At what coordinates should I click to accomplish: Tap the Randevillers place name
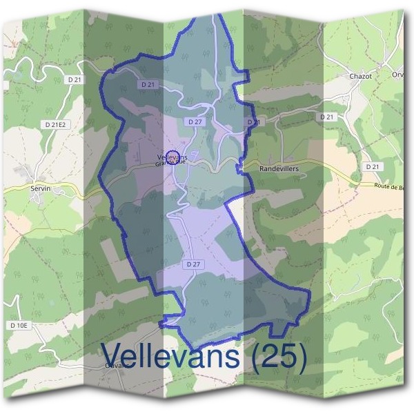tap(278, 168)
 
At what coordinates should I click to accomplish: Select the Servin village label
tap(41, 187)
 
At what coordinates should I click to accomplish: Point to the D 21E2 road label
tap(55, 124)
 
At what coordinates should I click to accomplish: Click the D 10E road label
tap(19, 324)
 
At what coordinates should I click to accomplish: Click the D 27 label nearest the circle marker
tap(195, 121)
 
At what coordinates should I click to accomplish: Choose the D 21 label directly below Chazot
tap(327, 117)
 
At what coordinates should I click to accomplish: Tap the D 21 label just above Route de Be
tap(373, 166)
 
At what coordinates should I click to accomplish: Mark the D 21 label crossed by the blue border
tap(254, 122)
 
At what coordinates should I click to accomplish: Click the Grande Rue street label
tap(170, 164)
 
